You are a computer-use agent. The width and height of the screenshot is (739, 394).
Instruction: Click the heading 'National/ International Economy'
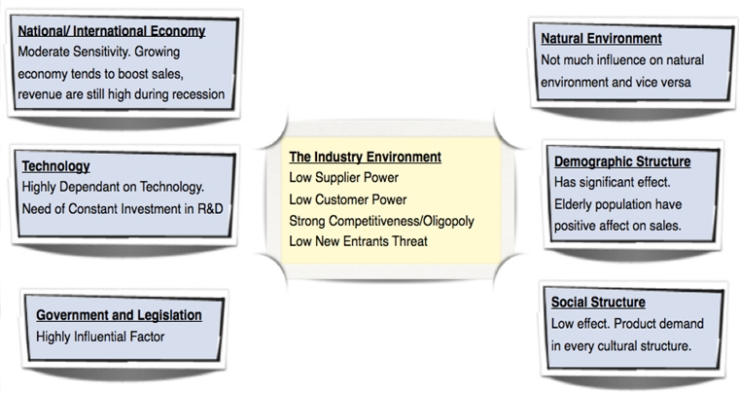[112, 31]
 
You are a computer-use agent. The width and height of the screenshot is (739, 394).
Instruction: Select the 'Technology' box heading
[56, 166]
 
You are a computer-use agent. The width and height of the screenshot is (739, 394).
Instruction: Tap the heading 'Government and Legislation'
[119, 315]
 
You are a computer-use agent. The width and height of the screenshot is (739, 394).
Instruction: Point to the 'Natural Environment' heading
[601, 38]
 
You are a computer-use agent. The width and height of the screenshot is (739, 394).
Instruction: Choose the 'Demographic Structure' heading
[622, 161]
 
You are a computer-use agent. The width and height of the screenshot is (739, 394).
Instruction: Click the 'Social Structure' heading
[598, 303]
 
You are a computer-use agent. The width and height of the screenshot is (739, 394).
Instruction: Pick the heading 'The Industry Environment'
[366, 157]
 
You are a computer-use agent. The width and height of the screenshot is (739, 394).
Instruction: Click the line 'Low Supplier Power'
[343, 178]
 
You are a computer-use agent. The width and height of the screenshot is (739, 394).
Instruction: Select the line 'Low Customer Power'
[348, 199]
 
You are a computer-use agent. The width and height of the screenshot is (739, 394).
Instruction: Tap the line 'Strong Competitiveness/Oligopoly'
[382, 221]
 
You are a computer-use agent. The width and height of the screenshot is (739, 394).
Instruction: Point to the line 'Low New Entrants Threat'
[358, 241]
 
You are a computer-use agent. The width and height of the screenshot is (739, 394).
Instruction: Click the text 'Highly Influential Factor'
[100, 337]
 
